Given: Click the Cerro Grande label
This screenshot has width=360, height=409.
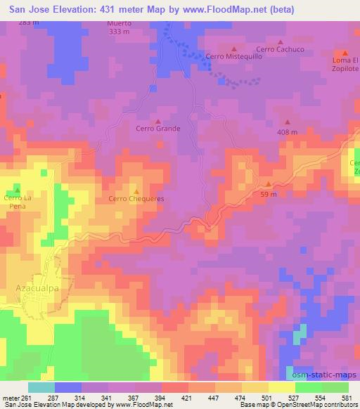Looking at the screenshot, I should click(158, 129).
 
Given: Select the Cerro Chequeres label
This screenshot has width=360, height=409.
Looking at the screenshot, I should click(136, 199).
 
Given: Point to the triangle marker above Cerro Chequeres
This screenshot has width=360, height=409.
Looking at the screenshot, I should click(136, 191).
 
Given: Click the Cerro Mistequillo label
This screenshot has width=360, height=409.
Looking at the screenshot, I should click(233, 56).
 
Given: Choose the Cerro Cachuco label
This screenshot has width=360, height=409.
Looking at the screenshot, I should click(280, 48).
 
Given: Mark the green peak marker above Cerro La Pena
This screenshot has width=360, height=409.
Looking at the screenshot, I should click(18, 190).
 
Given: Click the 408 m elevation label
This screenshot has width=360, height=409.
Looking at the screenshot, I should click(287, 132).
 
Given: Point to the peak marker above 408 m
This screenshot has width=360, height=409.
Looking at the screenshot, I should click(287, 124).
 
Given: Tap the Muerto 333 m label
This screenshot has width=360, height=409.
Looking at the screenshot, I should click(120, 27).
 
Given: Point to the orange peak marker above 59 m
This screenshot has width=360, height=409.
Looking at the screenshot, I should click(268, 184).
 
